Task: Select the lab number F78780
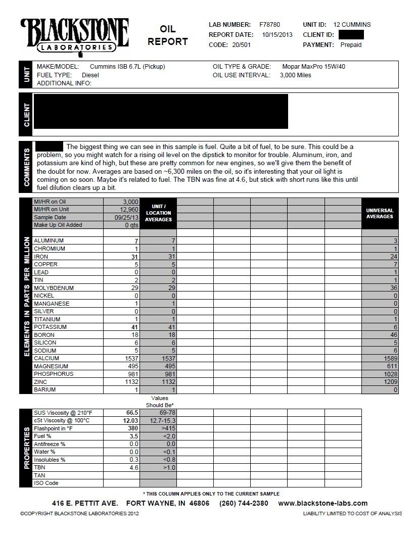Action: tap(269, 24)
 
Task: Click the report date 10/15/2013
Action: tap(277, 35)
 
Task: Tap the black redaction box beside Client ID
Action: tap(351, 35)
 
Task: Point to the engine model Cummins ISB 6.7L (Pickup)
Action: tap(127, 67)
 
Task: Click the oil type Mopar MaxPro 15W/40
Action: tap(308, 67)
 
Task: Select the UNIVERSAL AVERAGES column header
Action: tap(380, 213)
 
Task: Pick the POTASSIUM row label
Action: tap(50, 327)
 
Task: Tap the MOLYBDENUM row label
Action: tap(54, 288)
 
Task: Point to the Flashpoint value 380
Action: tap(133, 428)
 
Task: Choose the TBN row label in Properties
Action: tap(39, 468)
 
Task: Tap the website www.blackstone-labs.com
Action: tap(322, 503)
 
